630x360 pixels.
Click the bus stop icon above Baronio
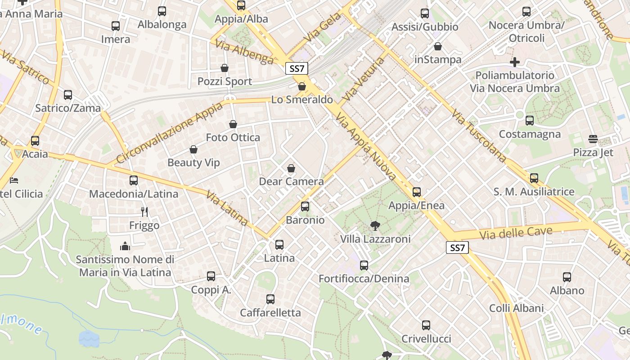tap(305, 207)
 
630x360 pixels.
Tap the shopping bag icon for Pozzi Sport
tap(225, 68)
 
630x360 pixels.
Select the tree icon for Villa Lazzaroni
tap(374, 225)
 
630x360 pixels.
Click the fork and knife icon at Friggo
tap(144, 211)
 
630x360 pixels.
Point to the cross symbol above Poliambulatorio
tap(515, 62)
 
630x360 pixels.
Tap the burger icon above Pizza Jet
tap(593, 139)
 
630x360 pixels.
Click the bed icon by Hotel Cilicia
tap(14, 180)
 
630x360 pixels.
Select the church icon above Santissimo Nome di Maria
tap(125, 246)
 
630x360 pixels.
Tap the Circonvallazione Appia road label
tap(169, 133)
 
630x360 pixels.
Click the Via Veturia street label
tap(364, 79)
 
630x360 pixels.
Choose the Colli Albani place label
tap(517, 308)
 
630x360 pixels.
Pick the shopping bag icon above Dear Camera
tap(291, 168)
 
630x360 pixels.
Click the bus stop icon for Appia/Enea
tap(417, 192)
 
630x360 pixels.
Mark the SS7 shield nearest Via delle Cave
tap(457, 247)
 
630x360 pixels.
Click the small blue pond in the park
tap(89, 338)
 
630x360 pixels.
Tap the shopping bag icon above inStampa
tap(438, 46)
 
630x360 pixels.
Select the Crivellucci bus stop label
tap(426, 339)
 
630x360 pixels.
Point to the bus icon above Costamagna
tap(530, 121)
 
